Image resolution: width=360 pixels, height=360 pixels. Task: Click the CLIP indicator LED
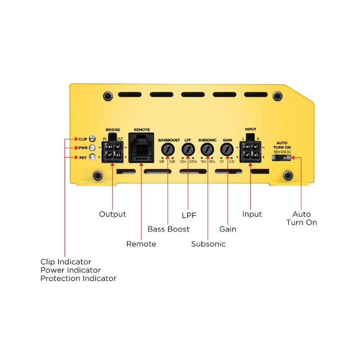[x=92, y=139]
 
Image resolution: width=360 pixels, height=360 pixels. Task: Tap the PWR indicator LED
[x=92, y=148]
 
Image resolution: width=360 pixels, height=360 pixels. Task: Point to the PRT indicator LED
[x=93, y=157]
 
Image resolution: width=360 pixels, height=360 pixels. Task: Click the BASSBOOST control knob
[x=168, y=149]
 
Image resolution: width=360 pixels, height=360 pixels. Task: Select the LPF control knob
[x=188, y=149]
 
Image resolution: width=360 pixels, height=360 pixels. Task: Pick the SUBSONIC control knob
[x=207, y=149]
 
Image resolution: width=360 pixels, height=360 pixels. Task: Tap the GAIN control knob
[x=227, y=149]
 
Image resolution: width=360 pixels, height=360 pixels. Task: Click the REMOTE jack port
[x=141, y=148]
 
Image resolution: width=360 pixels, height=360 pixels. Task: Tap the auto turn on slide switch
[x=281, y=158]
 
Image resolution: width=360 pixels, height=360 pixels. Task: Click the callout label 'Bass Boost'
[x=169, y=229]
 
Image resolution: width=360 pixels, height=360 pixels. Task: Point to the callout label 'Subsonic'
[x=208, y=244]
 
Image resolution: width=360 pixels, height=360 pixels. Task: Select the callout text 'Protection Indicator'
[x=78, y=278]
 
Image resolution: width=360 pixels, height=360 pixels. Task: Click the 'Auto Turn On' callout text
[x=301, y=218]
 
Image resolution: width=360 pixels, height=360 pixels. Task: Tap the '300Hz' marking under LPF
[x=193, y=162]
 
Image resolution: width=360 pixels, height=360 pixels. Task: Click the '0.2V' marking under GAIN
[x=232, y=162]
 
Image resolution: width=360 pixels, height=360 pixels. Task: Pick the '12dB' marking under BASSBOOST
[x=172, y=162]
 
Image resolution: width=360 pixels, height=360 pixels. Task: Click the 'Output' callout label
[x=113, y=214]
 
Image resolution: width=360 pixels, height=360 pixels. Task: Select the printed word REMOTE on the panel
[x=142, y=130]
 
